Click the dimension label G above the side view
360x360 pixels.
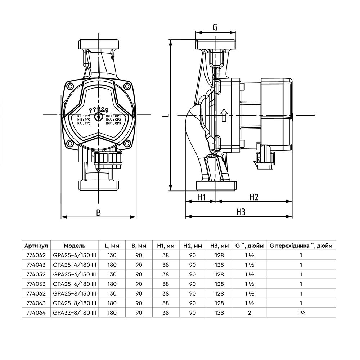point(215,27)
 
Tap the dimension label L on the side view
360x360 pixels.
point(165,115)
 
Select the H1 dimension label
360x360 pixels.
point(201,197)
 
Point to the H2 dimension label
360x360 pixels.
point(254,197)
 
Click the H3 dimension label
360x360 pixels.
point(241,212)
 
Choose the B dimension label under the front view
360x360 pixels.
point(98,212)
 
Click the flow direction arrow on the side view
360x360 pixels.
point(224,115)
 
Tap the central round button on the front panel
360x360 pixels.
point(98,117)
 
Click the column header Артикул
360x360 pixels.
point(36,246)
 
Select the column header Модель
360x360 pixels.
point(75,246)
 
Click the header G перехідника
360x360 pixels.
point(301,246)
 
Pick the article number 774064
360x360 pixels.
point(36,313)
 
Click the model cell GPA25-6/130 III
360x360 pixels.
point(75,274)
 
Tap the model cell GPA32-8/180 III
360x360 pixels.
point(75,313)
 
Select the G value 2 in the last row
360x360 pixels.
point(249,313)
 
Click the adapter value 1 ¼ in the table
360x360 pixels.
point(301,313)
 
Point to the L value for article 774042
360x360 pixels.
point(112,255)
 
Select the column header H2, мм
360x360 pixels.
point(192,246)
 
